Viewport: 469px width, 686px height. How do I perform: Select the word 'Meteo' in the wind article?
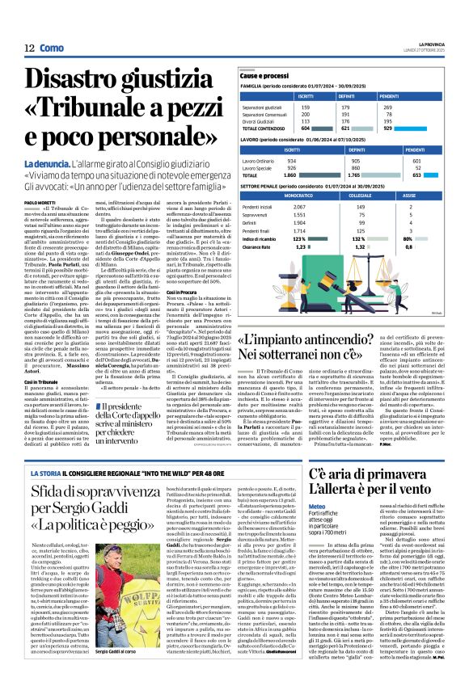(316, 506)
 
